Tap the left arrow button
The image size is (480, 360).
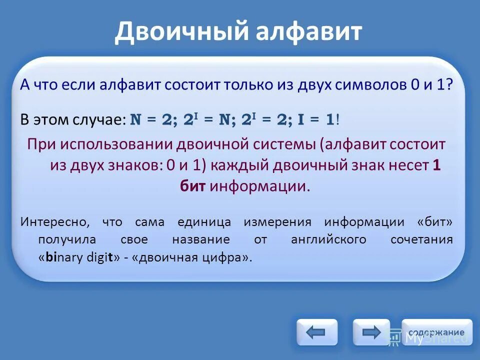click(316, 332)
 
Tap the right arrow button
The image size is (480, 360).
click(371, 332)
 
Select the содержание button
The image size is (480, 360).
click(436, 332)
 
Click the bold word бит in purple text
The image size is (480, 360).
click(192, 186)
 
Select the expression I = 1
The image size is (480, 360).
click(316, 120)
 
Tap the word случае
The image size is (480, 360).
click(104, 120)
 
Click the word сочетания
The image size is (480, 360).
click(421, 239)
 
